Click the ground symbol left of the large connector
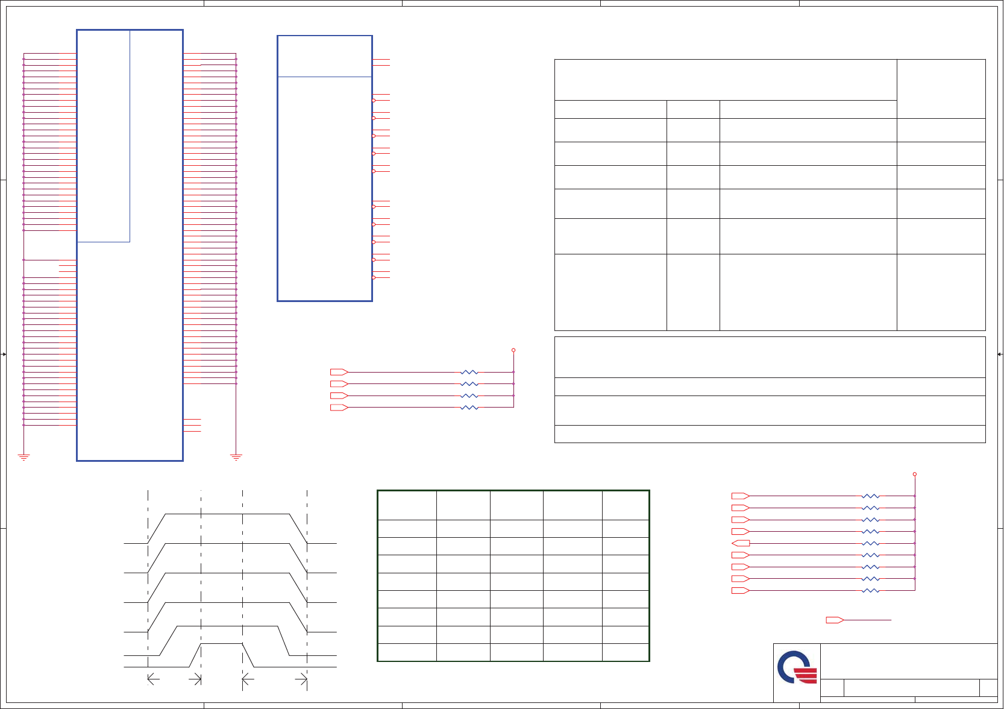[24, 457]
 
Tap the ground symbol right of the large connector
[236, 457]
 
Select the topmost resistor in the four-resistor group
[469, 373]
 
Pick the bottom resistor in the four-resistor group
[469, 408]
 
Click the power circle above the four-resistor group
[513, 350]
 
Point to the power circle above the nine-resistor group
[915, 474]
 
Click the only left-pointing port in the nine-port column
[740, 543]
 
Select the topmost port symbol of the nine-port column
[740, 496]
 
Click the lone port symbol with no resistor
[834, 620]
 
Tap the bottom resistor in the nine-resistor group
[871, 590]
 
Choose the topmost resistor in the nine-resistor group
[871, 496]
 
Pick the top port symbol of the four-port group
[339, 372]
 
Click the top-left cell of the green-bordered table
[407, 505]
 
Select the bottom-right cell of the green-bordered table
[626, 652]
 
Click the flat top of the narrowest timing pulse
[221, 644]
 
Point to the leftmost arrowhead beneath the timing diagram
[151, 679]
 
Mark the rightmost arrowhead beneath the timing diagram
[304, 679]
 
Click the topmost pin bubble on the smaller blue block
[374, 101]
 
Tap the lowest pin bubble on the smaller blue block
[374, 277]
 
